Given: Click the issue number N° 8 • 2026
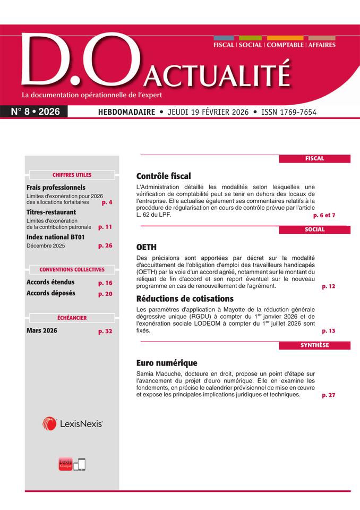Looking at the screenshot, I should click(x=36, y=112).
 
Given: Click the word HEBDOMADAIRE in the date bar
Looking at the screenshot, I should click(x=126, y=112).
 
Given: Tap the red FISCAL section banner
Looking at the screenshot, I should click(x=314, y=158).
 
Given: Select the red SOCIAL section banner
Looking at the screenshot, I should click(x=314, y=229).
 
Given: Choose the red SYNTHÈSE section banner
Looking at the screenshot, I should click(x=314, y=345).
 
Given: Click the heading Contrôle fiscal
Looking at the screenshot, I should click(x=163, y=176).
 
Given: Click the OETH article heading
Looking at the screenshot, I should click(x=146, y=247).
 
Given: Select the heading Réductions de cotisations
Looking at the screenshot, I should click(x=185, y=299).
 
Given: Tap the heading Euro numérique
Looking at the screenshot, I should click(x=166, y=363).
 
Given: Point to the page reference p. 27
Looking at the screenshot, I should click(x=328, y=395).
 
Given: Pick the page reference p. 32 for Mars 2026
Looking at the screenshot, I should click(x=105, y=331).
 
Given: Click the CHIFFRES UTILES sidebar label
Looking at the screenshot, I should click(x=72, y=175).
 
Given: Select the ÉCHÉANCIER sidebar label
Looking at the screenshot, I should click(x=72, y=318).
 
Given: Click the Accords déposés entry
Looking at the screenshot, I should click(x=50, y=293).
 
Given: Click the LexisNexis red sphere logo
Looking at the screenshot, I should click(x=49, y=423).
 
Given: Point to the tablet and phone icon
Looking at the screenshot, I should click(x=79, y=464).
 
